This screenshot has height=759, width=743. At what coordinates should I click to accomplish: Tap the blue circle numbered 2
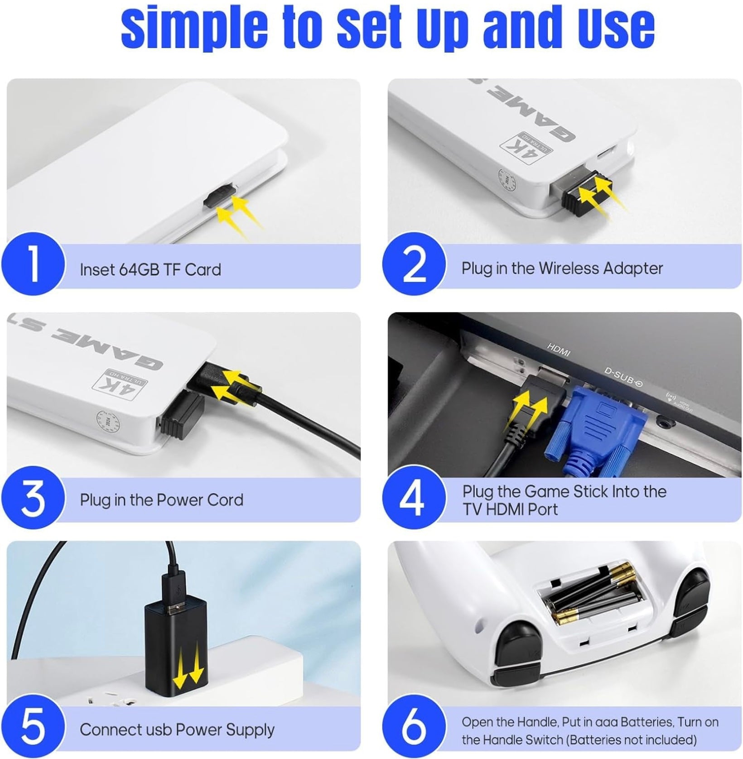(x=414, y=266)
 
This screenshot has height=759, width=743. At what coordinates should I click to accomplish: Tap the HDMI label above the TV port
(x=559, y=350)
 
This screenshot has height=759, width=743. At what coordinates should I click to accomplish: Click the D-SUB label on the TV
(x=623, y=377)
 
